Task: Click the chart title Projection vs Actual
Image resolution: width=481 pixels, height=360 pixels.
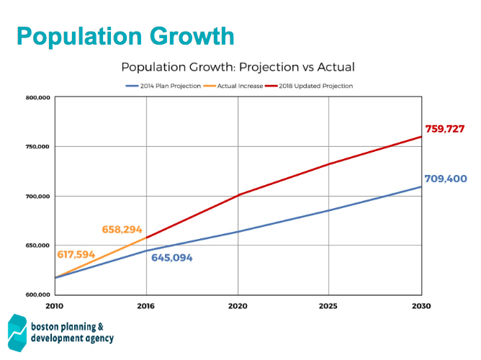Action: tap(238, 67)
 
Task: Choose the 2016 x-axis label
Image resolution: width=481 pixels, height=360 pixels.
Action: tap(147, 306)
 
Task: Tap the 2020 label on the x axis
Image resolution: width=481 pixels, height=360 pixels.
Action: tap(238, 306)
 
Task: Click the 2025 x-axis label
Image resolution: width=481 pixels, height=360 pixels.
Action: tap(329, 306)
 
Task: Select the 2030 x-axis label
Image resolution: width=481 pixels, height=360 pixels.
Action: tap(421, 306)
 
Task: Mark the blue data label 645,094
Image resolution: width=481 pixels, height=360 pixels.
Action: tap(172, 257)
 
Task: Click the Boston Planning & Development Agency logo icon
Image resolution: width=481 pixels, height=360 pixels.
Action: tap(17, 332)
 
